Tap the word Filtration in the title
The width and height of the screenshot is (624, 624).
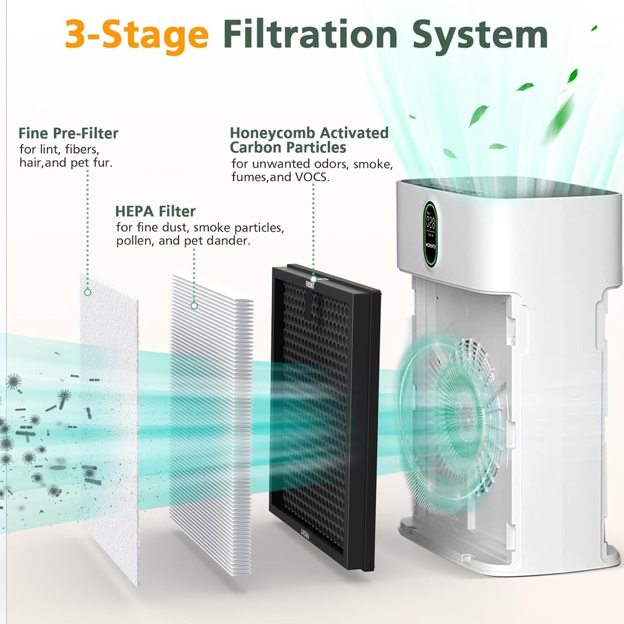tap(311, 35)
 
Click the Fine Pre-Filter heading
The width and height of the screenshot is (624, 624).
tap(68, 133)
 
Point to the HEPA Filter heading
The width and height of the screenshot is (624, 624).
tap(155, 211)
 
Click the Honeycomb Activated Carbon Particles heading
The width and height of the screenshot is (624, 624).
tap(309, 140)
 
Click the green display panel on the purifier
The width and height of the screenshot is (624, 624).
tap(431, 233)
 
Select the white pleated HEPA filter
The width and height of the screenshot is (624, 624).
tap(210, 427)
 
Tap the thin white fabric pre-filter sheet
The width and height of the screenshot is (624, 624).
tap(110, 427)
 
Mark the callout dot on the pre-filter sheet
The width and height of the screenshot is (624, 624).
tap(88, 292)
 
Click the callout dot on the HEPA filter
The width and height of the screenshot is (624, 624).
tap(194, 305)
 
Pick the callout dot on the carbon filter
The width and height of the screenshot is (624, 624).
tap(313, 278)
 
